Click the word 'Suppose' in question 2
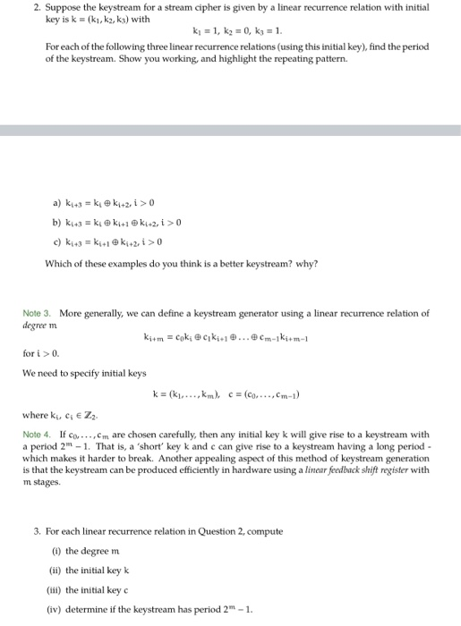tap(51, 7)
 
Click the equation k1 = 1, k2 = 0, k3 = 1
tap(236, 31)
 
